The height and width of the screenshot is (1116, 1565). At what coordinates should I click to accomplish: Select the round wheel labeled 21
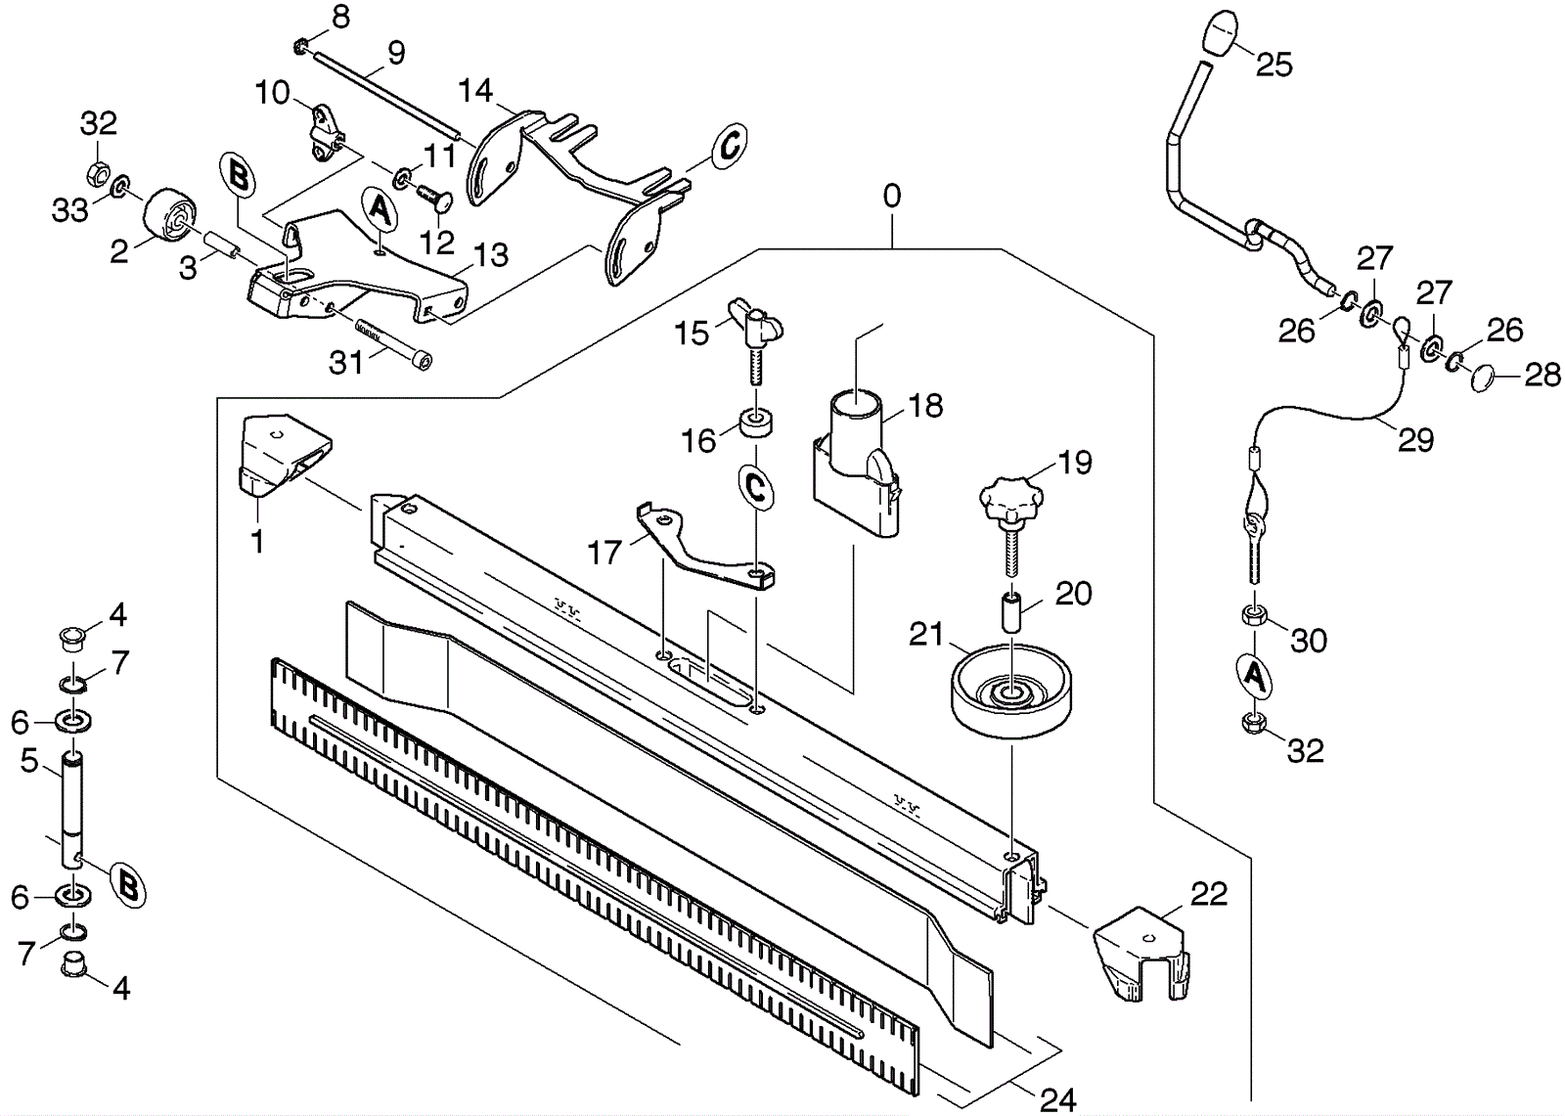[x=1011, y=691]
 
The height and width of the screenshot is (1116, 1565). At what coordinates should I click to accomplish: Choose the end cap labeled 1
[x=284, y=455]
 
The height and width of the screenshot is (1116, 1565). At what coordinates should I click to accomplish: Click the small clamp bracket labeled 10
[x=324, y=133]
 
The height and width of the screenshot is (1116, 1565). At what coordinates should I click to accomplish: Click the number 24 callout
[x=1057, y=1099]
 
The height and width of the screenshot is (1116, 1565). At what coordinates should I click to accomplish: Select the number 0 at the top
[x=891, y=197]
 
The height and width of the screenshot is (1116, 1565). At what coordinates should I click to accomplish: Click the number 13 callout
[x=490, y=254]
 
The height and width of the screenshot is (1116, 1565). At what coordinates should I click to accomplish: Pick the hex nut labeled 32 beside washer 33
[x=98, y=171]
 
